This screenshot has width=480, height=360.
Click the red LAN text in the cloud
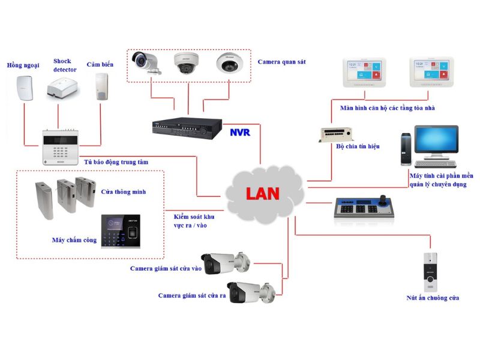click(262, 194)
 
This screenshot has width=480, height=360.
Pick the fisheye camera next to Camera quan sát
click(227, 62)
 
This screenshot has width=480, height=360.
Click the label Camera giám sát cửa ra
click(192, 296)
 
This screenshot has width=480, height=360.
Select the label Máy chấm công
click(74, 240)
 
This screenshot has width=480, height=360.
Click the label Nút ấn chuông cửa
click(433, 298)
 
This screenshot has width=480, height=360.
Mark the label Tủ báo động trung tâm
click(116, 162)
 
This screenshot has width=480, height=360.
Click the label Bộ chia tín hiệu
click(358, 146)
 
